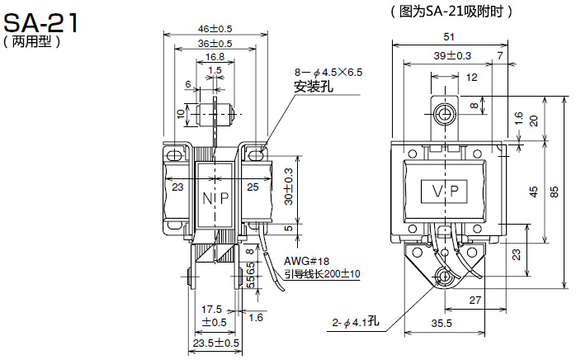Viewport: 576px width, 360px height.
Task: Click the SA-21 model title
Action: [x=40, y=23]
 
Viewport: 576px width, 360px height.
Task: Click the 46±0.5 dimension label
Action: [x=215, y=29]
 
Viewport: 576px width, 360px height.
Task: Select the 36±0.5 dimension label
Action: [x=215, y=44]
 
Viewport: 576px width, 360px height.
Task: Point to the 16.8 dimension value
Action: [x=215, y=57]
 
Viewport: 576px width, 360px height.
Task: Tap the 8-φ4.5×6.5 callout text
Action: [x=328, y=72]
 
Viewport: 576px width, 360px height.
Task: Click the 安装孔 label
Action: [x=314, y=87]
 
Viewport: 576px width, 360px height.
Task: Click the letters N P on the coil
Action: [x=215, y=198]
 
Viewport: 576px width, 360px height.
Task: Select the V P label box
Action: [x=444, y=192]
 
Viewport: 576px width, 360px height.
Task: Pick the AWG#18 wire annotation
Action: [x=306, y=262]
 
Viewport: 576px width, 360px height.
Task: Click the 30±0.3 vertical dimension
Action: [x=289, y=187]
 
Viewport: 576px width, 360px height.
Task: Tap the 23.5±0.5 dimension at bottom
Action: [x=216, y=343]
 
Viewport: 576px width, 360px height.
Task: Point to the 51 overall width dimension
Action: [x=449, y=37]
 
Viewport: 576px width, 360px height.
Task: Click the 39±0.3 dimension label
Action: [x=452, y=56]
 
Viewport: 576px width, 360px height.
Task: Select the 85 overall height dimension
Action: [x=554, y=192]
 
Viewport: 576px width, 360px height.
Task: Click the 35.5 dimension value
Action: [x=441, y=323]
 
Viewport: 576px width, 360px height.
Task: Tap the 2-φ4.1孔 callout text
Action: [x=355, y=322]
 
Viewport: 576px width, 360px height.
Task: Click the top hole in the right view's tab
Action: [x=445, y=114]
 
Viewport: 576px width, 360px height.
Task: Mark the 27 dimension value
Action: [x=474, y=300]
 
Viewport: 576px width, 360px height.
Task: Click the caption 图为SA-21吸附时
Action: [x=451, y=12]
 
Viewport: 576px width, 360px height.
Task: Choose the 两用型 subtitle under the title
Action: [x=31, y=41]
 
